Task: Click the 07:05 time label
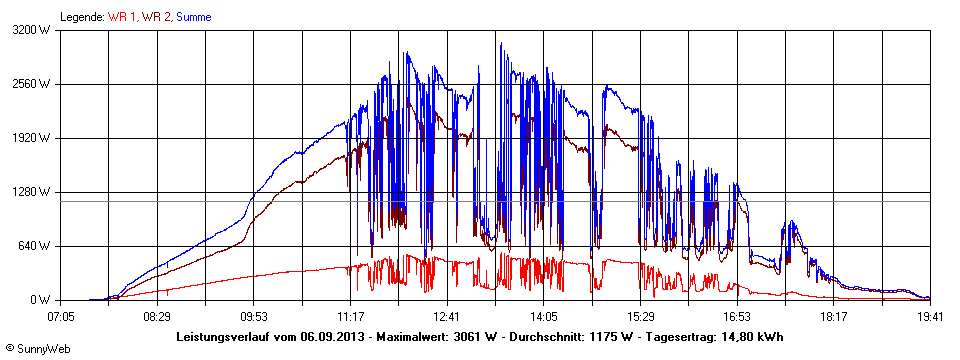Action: [61, 316]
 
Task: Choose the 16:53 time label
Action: [737, 316]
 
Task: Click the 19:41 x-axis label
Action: [930, 316]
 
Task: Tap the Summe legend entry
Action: [194, 17]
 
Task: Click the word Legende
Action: [81, 17]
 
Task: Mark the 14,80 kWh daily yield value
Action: [749, 337]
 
